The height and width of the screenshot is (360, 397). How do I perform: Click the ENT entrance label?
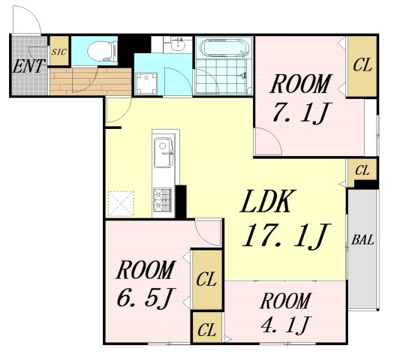(29, 66)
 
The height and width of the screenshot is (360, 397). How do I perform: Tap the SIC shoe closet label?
(59, 52)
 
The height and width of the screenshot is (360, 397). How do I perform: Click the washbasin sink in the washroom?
(179, 44)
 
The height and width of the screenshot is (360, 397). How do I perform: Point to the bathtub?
(224, 47)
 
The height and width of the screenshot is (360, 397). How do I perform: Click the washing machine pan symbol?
(146, 83)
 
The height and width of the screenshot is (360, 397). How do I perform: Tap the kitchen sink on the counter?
(164, 152)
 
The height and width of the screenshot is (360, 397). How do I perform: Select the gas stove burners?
(162, 199)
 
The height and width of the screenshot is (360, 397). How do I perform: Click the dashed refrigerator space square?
(121, 204)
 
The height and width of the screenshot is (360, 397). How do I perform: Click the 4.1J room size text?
(285, 324)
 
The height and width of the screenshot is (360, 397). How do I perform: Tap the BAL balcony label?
(362, 240)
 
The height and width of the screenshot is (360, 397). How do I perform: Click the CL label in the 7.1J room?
(362, 65)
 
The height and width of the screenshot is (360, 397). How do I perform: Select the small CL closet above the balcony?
(362, 171)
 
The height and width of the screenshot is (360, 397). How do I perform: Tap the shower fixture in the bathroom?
(243, 76)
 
